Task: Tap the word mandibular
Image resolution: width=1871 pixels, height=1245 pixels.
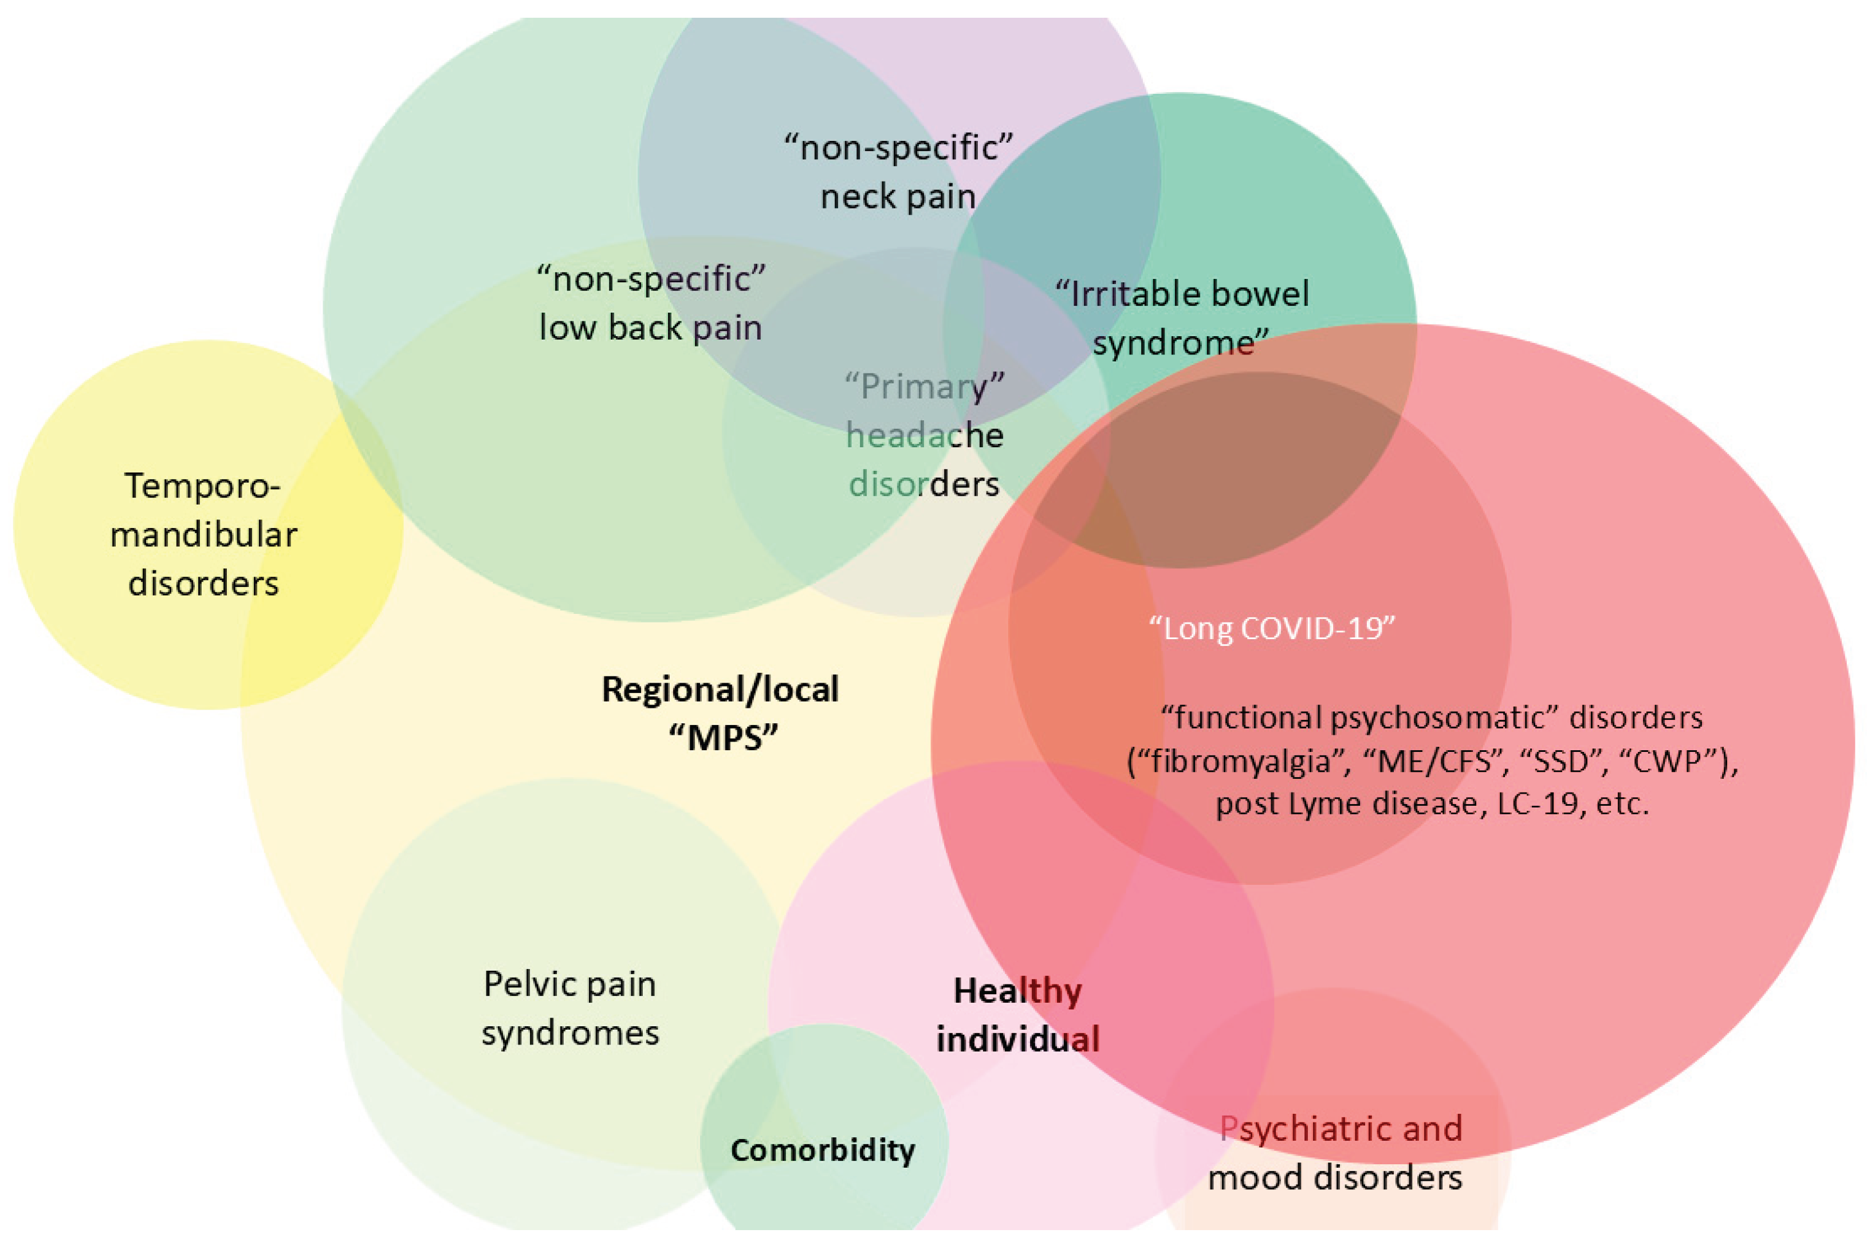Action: point(203,535)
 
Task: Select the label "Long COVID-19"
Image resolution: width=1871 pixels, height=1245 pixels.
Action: point(1272,629)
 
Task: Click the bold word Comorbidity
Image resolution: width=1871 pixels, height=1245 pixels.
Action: point(823,1151)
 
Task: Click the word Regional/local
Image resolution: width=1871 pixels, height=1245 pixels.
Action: point(720,689)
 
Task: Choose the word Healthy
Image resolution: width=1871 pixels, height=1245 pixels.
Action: point(1017,991)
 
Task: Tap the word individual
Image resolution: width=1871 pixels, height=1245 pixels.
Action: point(1017,1039)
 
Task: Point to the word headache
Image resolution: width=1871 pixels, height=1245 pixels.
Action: point(925,436)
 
